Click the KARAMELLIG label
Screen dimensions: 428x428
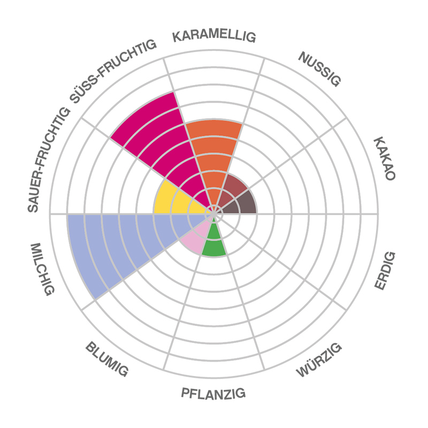pyautogui.click(x=214, y=36)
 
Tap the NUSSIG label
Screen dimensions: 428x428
pyautogui.click(x=319, y=69)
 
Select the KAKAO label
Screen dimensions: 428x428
pyautogui.click(x=384, y=159)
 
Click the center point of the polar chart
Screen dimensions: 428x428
pyautogui.click(x=214, y=213)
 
